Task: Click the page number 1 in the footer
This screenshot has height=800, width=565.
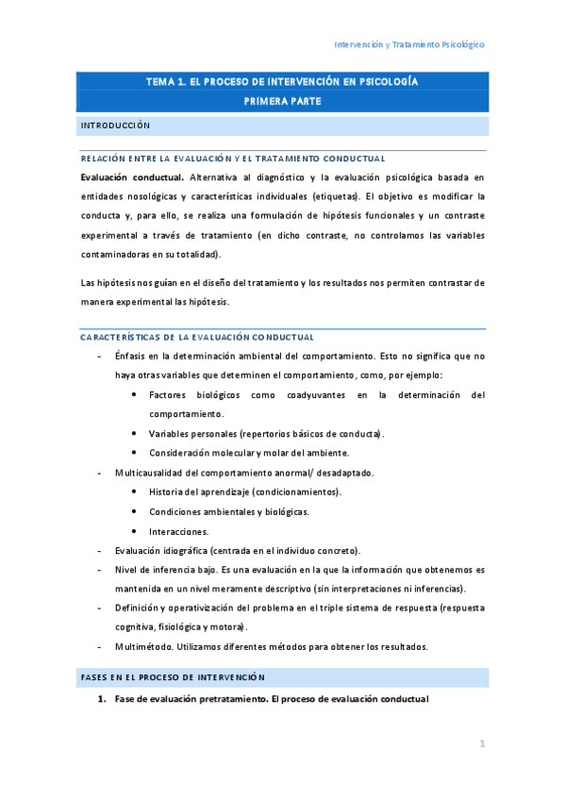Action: [x=481, y=744]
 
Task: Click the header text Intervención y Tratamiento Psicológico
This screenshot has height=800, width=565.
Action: [x=410, y=44]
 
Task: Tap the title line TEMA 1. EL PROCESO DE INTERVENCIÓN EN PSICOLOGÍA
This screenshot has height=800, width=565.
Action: [x=282, y=82]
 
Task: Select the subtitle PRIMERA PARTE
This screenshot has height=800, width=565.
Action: [x=282, y=101]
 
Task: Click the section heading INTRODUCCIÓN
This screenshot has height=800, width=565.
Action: [x=115, y=125]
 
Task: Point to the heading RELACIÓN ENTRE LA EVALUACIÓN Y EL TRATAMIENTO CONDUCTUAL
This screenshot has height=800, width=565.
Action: [x=232, y=158]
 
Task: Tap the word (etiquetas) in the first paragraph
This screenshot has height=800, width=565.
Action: [x=334, y=196]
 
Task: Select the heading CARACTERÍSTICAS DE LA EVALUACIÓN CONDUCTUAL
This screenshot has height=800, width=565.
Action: [x=197, y=337]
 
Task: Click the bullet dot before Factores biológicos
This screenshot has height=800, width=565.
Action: [x=137, y=394]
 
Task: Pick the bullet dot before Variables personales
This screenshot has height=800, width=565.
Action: [x=137, y=433]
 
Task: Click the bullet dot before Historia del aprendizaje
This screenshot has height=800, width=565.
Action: [x=137, y=492]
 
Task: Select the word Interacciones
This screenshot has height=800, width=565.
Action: [x=179, y=531]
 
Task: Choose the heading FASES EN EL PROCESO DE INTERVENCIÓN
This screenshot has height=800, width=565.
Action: [x=174, y=677]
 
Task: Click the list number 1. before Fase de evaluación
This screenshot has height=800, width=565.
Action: [x=103, y=699]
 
